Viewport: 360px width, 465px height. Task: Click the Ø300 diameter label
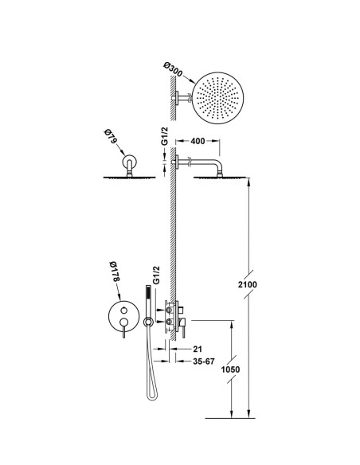pos(174,69)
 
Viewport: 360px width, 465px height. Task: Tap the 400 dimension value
pos(198,141)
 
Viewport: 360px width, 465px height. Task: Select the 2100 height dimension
pos(248,284)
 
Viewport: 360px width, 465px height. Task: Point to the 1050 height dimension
pos(231,369)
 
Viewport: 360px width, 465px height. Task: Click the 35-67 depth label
pos(203,361)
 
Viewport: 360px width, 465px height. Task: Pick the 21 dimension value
pos(198,349)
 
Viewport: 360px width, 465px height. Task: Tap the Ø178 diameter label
pos(114,272)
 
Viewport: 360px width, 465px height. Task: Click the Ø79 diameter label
pos(109,137)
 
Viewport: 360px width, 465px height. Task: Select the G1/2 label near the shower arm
pos(164,136)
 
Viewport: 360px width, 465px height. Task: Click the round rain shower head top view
pos(217,98)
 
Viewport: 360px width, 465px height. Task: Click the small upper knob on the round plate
pos(123,310)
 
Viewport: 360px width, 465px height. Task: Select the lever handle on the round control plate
pos(123,329)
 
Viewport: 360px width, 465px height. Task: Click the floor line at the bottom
pos(230,419)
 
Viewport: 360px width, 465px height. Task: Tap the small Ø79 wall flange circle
pos(129,162)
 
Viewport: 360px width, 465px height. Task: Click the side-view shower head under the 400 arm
pos(220,178)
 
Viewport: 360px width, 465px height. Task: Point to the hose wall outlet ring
pos(148,322)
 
